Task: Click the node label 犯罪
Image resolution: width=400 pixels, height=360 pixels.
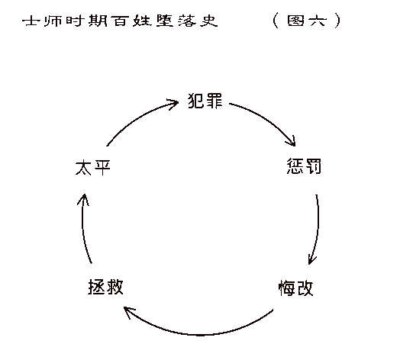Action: [x=205, y=101]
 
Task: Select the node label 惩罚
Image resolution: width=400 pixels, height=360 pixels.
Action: [x=304, y=166]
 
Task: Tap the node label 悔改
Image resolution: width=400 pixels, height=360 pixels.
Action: [x=295, y=288]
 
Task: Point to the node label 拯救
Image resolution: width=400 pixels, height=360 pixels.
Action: [x=105, y=287]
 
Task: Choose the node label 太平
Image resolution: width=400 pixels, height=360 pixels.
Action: [x=93, y=168]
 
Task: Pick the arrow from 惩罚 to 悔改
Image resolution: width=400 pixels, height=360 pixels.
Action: [x=318, y=230]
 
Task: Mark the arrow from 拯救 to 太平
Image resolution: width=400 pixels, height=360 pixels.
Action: [x=82, y=227]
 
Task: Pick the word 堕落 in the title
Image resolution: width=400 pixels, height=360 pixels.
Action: [x=176, y=21]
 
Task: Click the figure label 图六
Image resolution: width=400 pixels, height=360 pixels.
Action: [x=307, y=21]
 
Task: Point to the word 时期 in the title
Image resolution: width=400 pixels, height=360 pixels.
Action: [x=86, y=21]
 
